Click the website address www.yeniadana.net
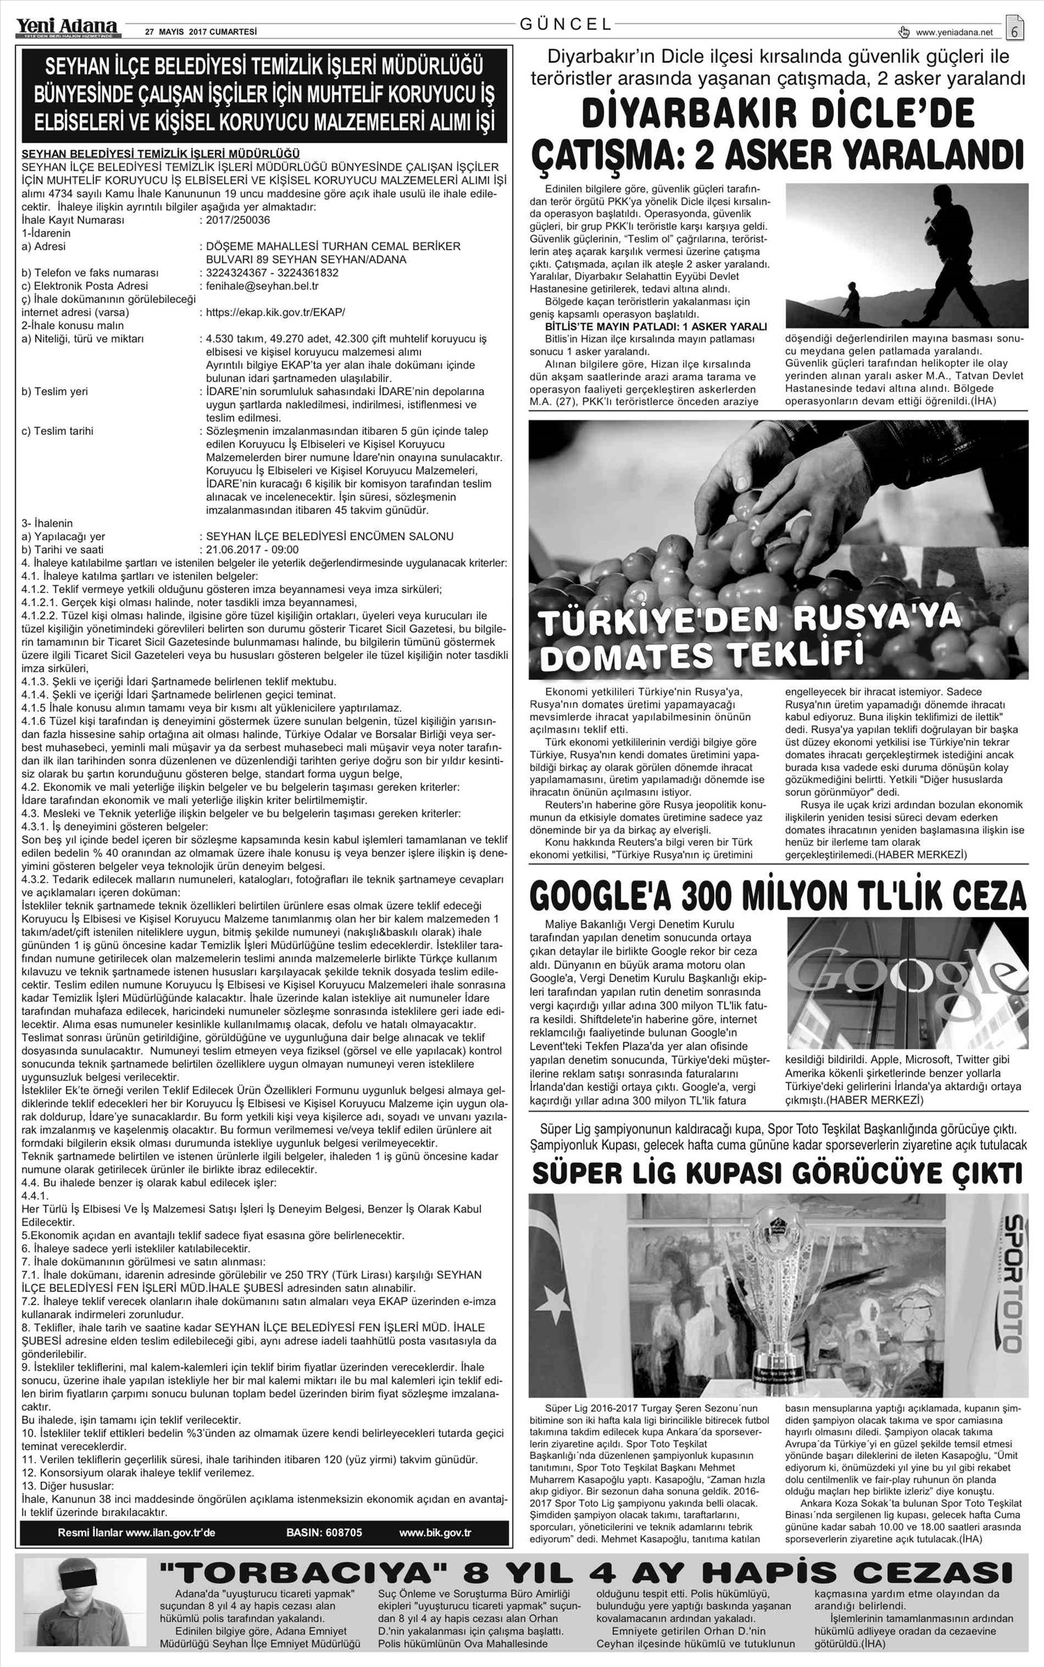point(954,32)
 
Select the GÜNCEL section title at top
point(566,24)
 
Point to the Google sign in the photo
point(905,979)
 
